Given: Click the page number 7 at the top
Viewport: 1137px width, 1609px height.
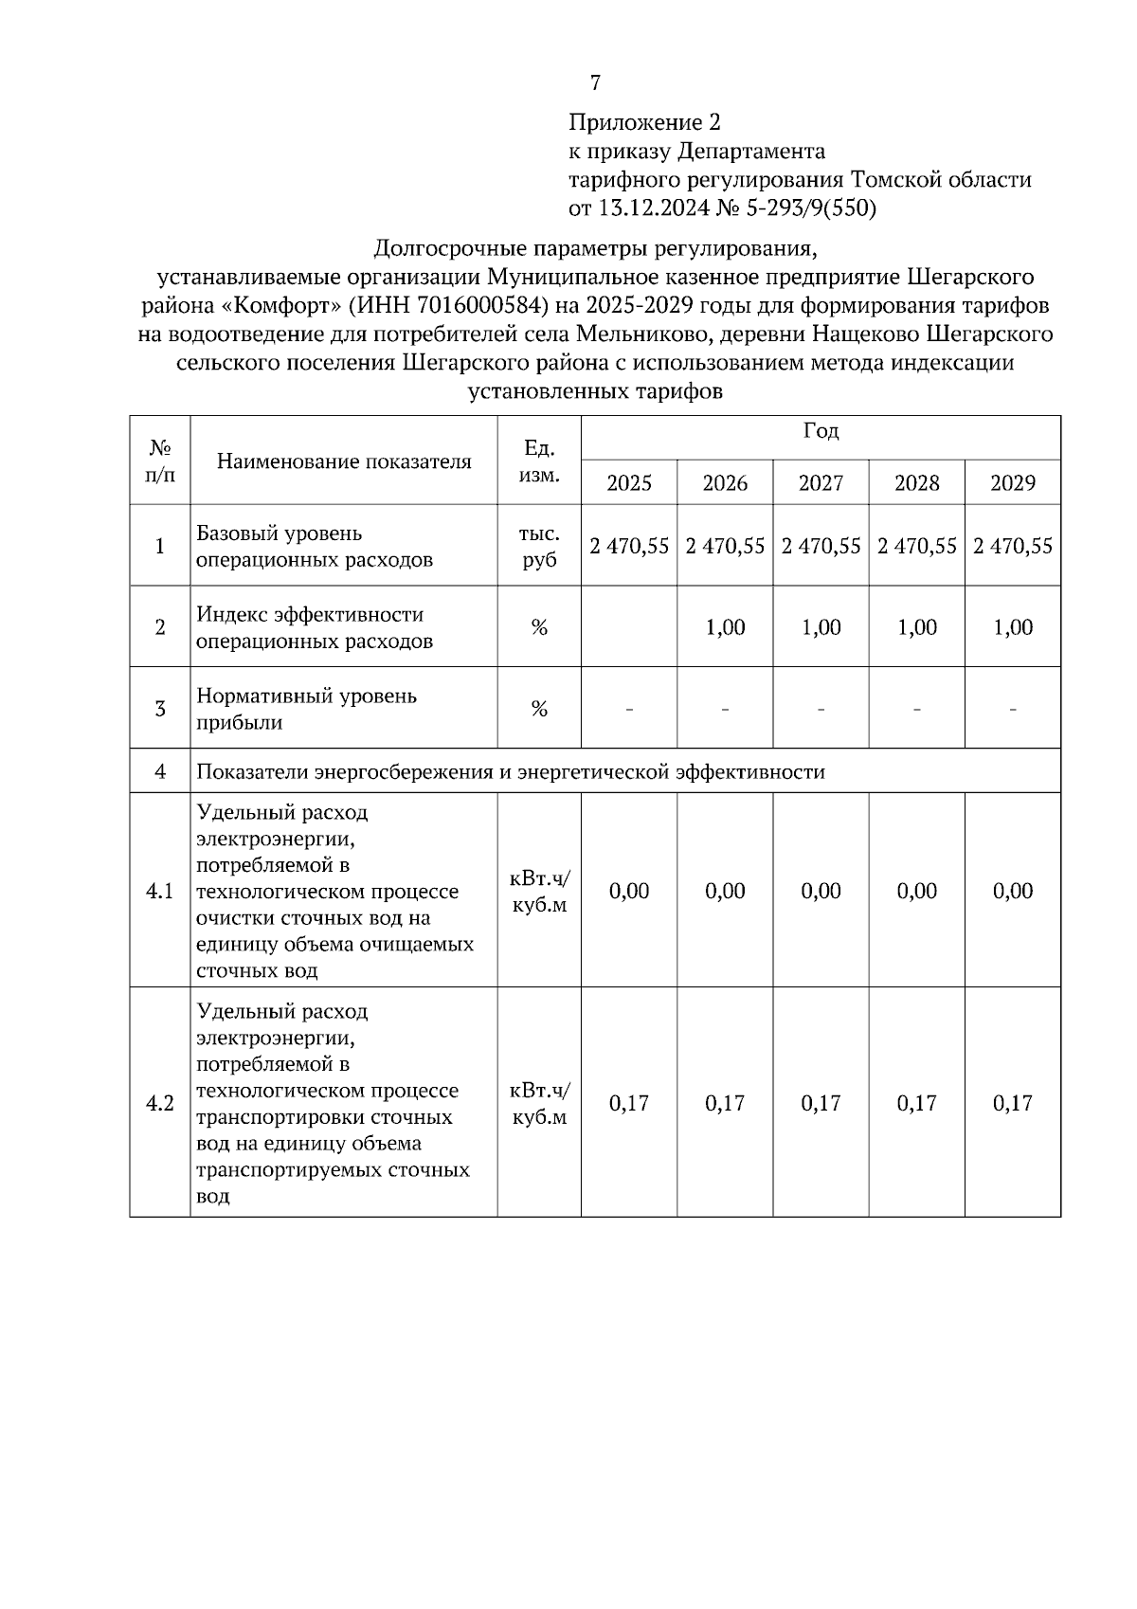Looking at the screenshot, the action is [595, 83].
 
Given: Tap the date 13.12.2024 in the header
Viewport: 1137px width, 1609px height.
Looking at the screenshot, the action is [653, 208].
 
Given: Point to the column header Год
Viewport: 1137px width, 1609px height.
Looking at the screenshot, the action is [821, 431].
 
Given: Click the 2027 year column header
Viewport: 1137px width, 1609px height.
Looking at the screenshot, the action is [821, 483].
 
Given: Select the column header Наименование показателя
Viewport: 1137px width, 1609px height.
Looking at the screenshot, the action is [344, 461].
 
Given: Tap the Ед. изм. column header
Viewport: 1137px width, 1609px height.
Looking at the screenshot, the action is [539, 461].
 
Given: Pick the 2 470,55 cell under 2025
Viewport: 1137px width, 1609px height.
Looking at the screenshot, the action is [629, 546].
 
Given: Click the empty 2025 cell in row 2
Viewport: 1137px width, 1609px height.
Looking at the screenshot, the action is [629, 627].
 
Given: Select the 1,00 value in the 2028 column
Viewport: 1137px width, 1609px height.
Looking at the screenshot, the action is [916, 627].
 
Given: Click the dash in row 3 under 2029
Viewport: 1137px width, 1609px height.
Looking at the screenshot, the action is [1013, 709].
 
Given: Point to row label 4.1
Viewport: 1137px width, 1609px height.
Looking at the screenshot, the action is [160, 891].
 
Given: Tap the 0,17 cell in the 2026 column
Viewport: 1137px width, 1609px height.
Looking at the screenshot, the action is [725, 1103].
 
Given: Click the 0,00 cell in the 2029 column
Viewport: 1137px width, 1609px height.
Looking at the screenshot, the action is [1013, 891].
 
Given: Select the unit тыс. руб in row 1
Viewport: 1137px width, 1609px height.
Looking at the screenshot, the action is [539, 547].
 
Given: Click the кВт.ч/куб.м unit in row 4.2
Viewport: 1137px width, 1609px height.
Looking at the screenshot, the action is [539, 1103].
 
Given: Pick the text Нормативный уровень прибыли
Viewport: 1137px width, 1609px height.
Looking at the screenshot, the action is [306, 709].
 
